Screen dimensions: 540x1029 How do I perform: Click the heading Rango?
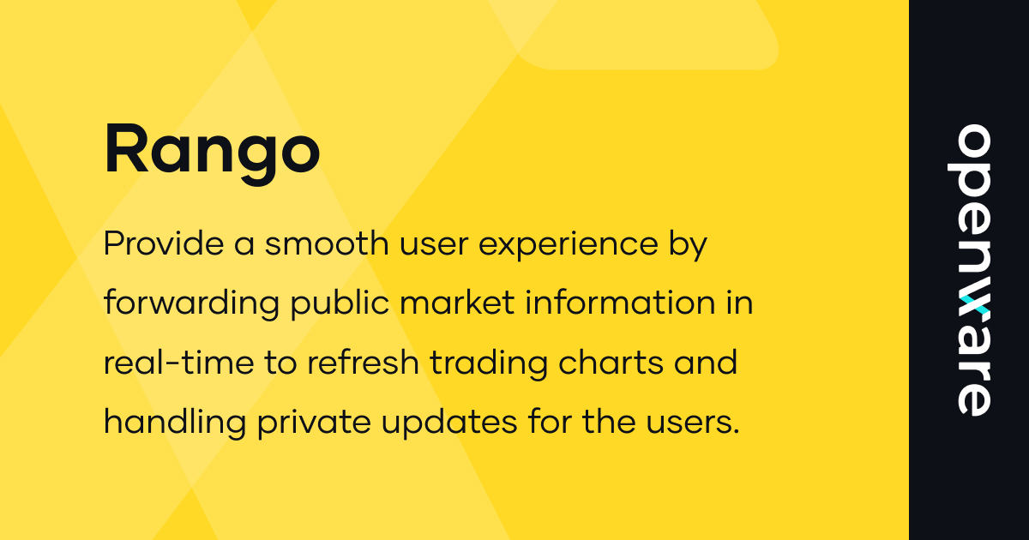click(212, 151)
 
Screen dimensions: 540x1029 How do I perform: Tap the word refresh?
click(361, 363)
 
